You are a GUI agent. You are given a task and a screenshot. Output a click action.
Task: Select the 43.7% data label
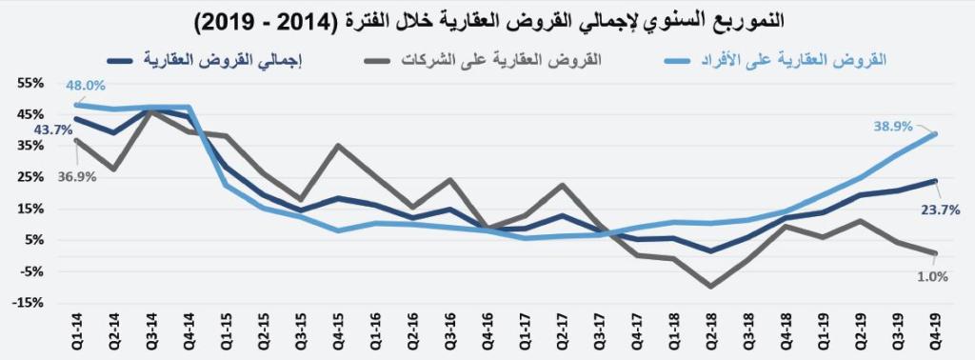53,130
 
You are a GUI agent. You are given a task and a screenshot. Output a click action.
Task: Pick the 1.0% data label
929,276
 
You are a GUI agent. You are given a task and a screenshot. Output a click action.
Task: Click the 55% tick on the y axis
29,83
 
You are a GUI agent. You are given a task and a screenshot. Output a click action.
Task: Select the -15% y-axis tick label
27,303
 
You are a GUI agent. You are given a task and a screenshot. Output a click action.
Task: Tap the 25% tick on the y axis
29,177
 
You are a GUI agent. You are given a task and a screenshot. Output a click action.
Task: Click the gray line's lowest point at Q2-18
710,286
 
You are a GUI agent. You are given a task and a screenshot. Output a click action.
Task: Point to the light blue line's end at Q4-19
934,134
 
